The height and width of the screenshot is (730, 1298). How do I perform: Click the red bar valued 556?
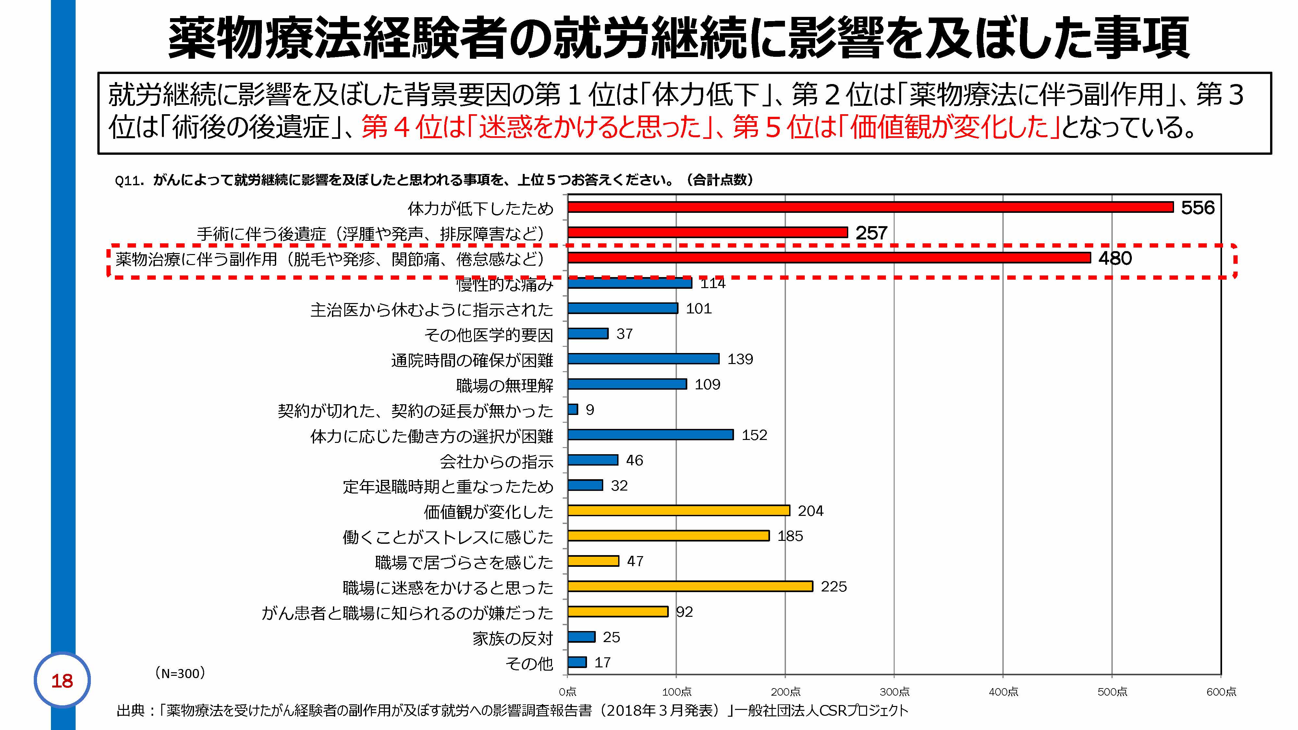point(870,207)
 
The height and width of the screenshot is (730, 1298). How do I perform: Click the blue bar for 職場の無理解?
point(627,384)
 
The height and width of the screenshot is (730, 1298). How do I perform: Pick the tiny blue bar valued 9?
point(573,409)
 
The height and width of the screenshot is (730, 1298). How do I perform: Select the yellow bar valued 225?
point(690,586)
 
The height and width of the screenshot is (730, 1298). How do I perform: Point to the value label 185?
point(790,536)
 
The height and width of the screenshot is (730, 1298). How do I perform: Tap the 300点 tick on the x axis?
point(894,692)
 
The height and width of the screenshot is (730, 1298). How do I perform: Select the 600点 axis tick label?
point(1221,692)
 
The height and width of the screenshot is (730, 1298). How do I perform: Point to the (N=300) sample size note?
point(179,673)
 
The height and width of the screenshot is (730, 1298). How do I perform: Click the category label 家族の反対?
point(512,638)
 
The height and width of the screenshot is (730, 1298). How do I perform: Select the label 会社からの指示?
point(496,461)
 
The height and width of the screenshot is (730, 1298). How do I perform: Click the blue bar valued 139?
point(643,359)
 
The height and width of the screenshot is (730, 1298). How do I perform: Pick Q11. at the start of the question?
point(129,180)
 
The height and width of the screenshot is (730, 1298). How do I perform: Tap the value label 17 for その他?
point(603,663)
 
